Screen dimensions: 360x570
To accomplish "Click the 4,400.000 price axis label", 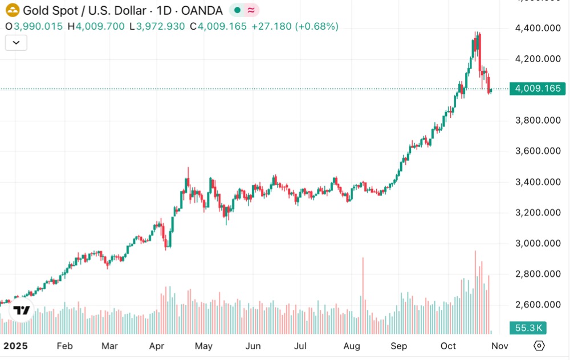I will (538, 27).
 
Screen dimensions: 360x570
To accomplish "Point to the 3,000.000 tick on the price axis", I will (538, 243).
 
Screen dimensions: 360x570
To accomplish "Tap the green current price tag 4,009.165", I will (538, 89).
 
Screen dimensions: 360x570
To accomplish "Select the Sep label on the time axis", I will (399, 346).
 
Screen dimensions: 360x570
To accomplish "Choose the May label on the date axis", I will (203, 346).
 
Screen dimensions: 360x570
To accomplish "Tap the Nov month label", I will (499, 346).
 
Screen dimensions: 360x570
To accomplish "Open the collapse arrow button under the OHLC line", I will (16, 43).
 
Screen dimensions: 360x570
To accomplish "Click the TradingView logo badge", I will (21, 310).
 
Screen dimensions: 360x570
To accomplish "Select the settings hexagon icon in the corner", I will (539, 346).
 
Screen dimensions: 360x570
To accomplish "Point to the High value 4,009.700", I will (100, 26).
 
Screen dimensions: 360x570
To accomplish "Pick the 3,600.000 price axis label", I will (538, 151).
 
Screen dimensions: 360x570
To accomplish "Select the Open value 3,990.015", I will (38, 26).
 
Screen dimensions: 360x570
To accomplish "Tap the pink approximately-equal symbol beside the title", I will (251, 10).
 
